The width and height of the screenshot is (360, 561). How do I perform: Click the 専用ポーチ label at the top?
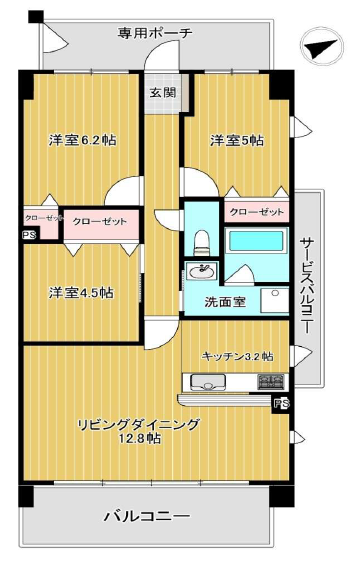tap(155, 33)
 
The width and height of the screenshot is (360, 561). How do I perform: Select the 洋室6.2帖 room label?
tap(83, 140)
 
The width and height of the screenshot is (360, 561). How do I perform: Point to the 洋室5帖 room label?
tap(237, 140)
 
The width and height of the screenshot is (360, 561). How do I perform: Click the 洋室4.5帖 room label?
tap(81, 293)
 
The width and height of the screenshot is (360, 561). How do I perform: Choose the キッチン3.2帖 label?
tap(238, 356)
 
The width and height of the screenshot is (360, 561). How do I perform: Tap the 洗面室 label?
tap(225, 302)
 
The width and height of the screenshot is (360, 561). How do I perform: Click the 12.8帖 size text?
tap(140, 438)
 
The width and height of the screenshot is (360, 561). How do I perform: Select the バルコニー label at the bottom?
tap(147, 516)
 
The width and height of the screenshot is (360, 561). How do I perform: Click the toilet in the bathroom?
tap(201, 242)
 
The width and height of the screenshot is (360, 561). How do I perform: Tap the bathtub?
tap(256, 241)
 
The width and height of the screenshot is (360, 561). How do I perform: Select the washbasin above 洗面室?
tap(202, 272)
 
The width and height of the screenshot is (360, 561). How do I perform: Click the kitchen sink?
tap(208, 382)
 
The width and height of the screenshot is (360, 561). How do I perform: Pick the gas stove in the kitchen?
tap(271, 382)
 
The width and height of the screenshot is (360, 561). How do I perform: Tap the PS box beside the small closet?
tap(29, 235)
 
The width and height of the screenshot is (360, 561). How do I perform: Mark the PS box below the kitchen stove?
tap(282, 404)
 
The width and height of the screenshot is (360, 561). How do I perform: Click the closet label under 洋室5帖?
tap(257, 212)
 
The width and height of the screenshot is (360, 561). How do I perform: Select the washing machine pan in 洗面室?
tap(275, 301)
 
